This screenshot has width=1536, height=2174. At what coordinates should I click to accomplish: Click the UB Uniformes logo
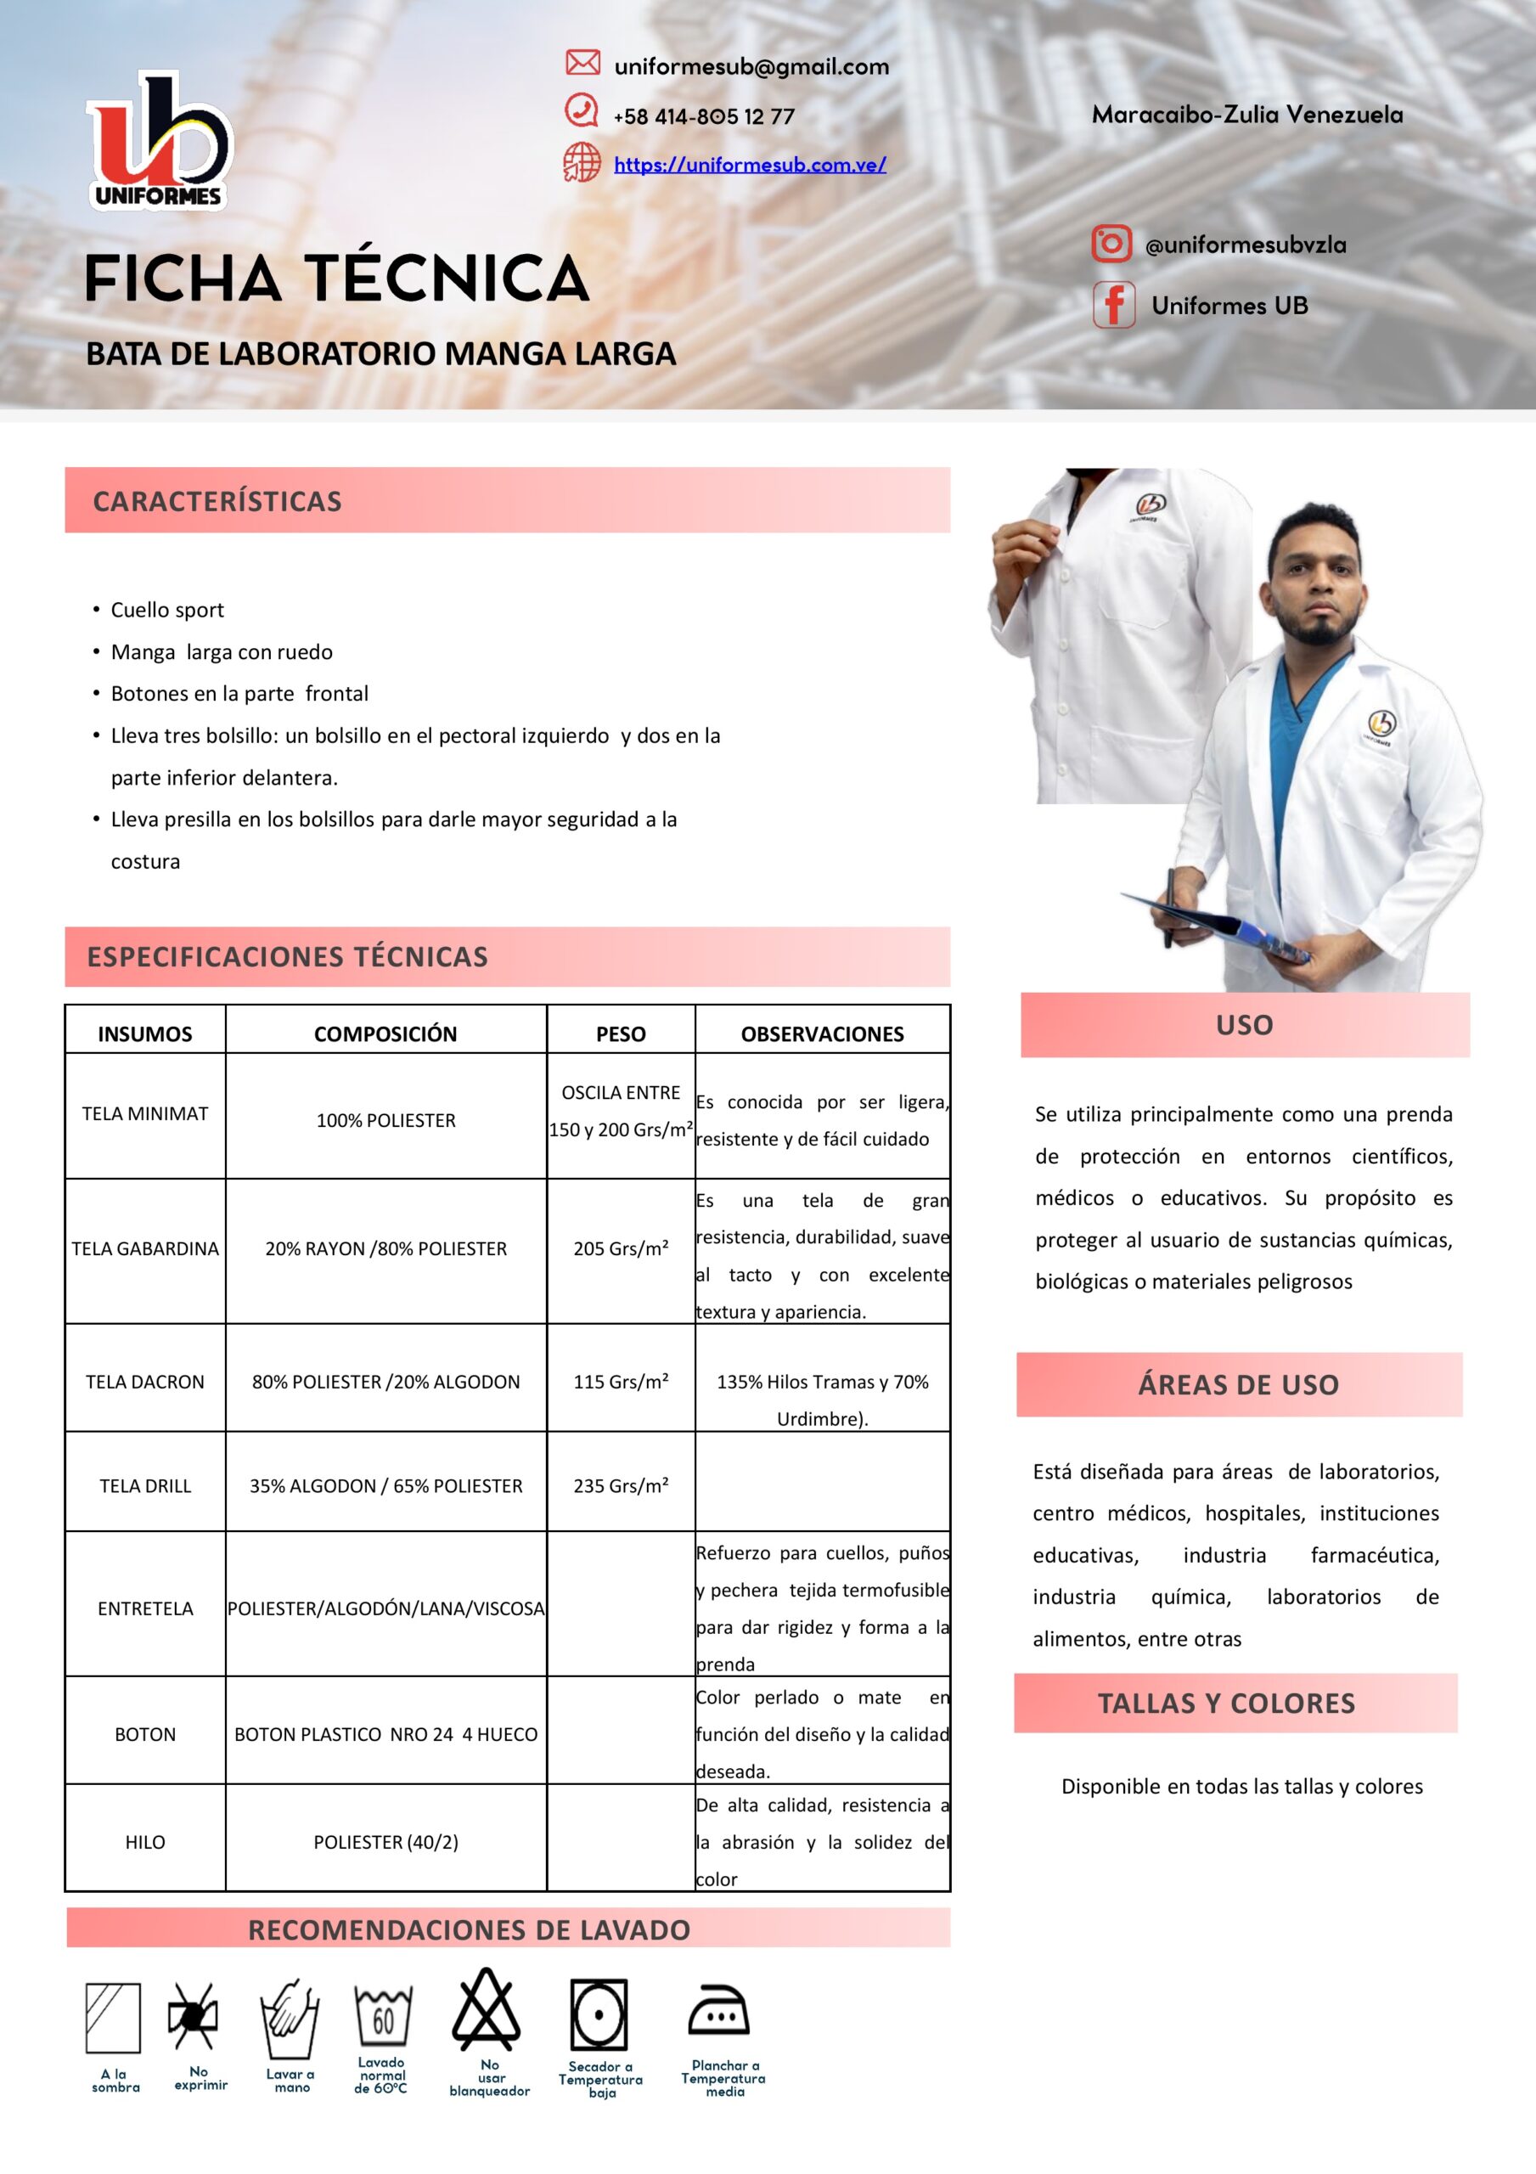(x=158, y=140)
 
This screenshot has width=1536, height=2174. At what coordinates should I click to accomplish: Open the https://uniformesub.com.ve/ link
(x=749, y=165)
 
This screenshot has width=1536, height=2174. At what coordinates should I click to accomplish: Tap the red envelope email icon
(x=582, y=63)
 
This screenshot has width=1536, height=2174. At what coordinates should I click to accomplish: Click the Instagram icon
(x=1111, y=244)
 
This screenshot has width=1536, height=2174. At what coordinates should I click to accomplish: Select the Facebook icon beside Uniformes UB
(x=1114, y=305)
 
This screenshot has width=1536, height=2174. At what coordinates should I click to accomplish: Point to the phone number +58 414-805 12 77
(x=704, y=116)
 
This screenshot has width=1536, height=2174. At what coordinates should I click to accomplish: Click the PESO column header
(x=621, y=1033)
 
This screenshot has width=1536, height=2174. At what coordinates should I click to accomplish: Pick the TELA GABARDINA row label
(x=145, y=1248)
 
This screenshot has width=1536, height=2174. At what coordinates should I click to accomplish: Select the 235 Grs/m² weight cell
(x=621, y=1485)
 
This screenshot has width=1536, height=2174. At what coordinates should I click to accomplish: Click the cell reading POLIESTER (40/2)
(x=385, y=1842)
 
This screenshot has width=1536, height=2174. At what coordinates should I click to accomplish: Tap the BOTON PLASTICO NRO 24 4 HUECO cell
(x=385, y=1734)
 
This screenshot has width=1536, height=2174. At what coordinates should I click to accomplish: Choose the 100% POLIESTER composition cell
(x=385, y=1120)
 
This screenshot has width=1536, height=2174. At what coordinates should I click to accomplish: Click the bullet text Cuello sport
(x=167, y=610)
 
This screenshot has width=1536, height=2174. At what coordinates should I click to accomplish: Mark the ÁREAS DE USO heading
(x=1238, y=1384)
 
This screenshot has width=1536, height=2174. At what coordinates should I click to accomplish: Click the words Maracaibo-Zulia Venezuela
(x=1247, y=115)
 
